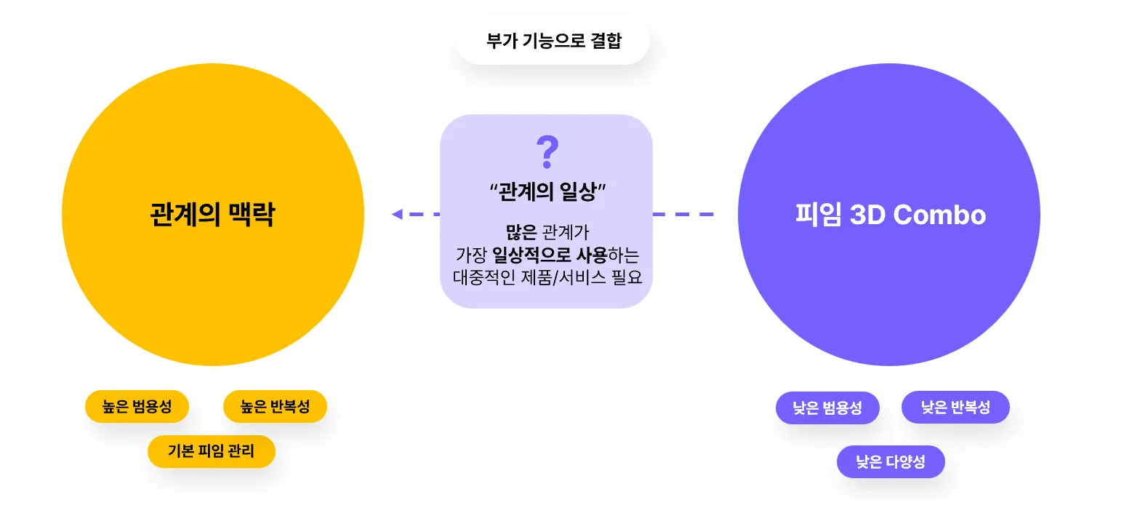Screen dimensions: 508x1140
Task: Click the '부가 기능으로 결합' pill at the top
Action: click(x=553, y=41)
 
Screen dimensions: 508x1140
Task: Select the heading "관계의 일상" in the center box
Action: click(x=547, y=192)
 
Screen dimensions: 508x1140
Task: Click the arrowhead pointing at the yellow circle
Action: click(x=397, y=214)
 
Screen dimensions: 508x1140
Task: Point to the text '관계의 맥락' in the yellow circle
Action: click(x=212, y=215)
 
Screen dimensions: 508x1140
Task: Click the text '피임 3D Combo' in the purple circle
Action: click(x=890, y=215)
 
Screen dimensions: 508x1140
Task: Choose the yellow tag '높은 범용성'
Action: click(x=137, y=407)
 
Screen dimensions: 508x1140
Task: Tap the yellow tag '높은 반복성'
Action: click(x=275, y=407)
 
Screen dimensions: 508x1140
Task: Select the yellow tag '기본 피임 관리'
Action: click(x=211, y=451)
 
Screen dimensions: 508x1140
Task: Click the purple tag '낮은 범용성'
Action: click(x=827, y=408)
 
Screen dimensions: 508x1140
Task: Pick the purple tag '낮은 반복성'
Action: click(x=955, y=407)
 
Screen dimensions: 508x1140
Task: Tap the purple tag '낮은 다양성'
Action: click(x=891, y=461)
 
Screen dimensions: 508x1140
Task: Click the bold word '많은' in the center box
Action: click(x=521, y=233)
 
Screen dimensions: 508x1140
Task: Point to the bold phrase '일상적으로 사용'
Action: click(x=560, y=255)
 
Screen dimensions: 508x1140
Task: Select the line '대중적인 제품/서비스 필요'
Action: click(x=547, y=278)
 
